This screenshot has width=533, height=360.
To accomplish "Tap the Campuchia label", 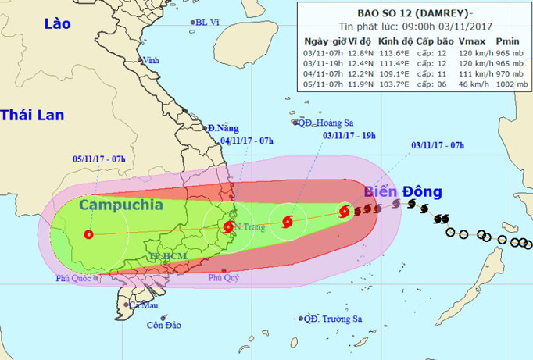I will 121,205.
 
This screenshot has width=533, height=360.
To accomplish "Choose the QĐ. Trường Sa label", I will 333,319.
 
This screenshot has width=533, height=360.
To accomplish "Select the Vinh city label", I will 151,59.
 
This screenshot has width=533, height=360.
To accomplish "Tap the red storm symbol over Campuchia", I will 89,233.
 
